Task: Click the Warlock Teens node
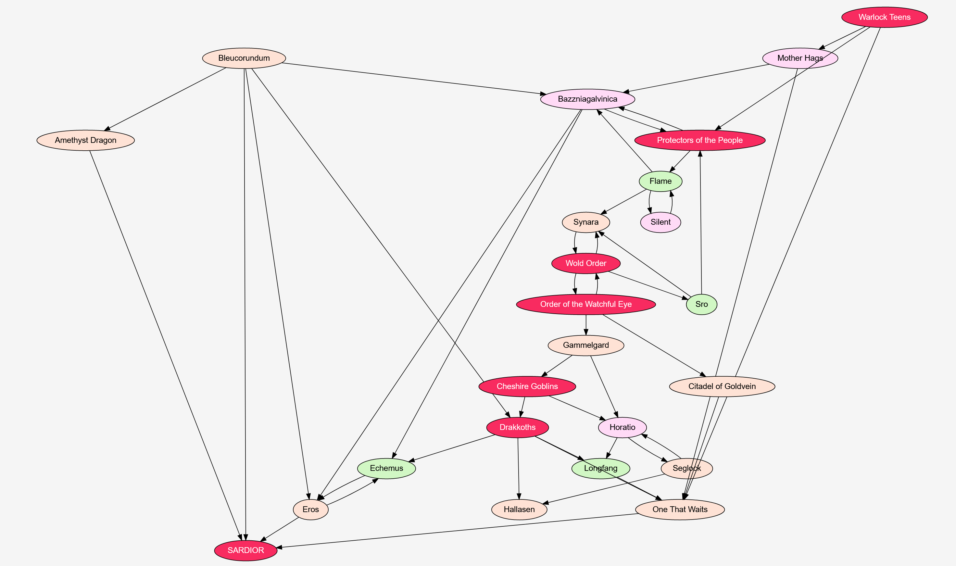[884, 17]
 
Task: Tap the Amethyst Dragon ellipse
[85, 140]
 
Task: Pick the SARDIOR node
[245, 550]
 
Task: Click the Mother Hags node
[800, 58]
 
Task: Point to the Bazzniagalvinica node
[587, 99]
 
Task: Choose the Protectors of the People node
[699, 140]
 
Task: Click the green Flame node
[660, 181]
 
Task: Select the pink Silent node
[660, 222]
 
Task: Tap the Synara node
[586, 222]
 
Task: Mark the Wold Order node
[586, 263]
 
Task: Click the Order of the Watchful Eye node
[586, 304]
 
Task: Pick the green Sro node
[701, 304]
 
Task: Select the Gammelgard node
[586, 345]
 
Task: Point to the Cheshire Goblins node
[527, 386]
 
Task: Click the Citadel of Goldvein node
[722, 386]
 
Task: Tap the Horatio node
[622, 427]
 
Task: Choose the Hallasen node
[519, 509]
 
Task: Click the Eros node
[310, 509]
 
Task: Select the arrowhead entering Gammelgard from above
[586, 332]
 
